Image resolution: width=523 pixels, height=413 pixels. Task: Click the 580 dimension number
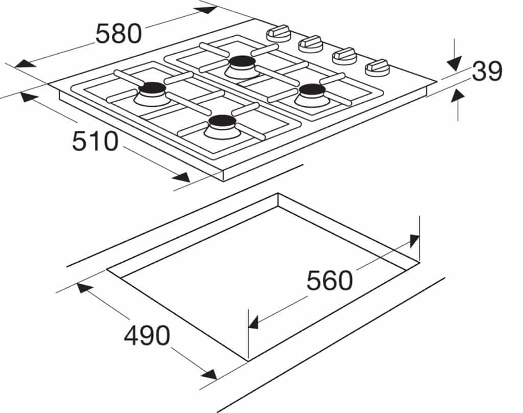point(118,34)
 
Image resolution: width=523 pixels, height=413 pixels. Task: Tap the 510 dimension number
point(95,141)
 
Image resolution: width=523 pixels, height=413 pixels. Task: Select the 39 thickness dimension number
point(487,72)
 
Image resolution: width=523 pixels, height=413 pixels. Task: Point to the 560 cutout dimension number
point(329,281)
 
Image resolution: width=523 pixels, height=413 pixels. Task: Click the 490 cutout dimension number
point(147,336)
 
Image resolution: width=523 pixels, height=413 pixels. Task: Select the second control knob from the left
point(311,43)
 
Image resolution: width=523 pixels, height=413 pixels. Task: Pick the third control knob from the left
point(344,55)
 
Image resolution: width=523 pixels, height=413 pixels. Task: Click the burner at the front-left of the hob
point(152,92)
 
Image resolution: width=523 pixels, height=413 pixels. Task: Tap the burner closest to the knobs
point(242,65)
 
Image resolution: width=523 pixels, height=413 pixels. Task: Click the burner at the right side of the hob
point(313,94)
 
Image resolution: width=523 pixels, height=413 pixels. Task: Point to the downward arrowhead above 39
point(455,64)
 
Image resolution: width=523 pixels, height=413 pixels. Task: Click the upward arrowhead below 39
point(458,95)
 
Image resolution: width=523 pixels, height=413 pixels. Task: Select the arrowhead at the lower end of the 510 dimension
point(181,177)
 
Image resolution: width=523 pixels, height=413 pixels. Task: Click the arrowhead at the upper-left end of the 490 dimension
point(85,288)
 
